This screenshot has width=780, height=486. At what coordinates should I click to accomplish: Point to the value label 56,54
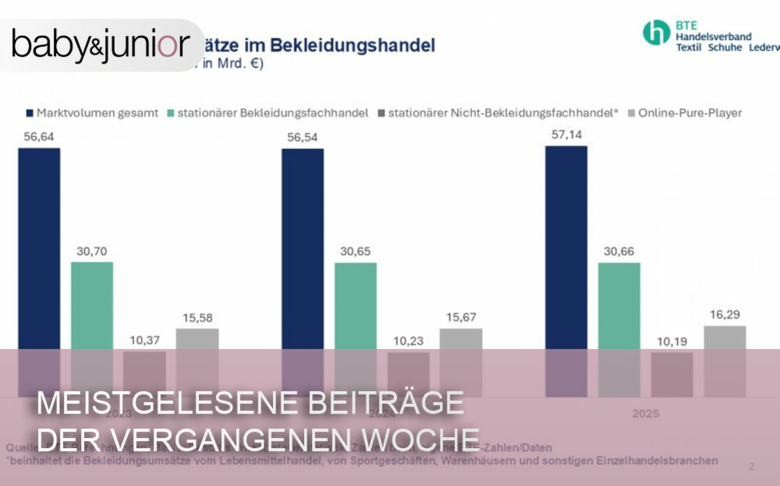pyautogui.click(x=302, y=137)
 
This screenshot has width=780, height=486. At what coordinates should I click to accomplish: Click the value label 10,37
pyautogui.click(x=144, y=341)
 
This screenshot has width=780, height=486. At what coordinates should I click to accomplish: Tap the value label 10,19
pyautogui.click(x=671, y=342)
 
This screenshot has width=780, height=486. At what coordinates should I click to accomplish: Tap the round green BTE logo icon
pyautogui.click(x=656, y=33)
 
